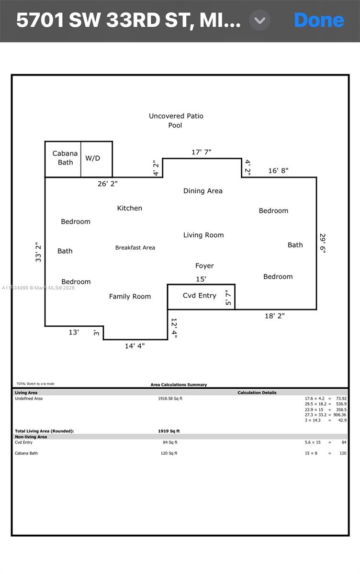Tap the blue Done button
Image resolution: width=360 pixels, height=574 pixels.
[319, 20]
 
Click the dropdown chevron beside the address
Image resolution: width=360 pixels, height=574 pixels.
[260, 21]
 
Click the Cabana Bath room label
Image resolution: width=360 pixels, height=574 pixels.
[65, 158]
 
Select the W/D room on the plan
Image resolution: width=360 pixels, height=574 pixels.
[93, 158]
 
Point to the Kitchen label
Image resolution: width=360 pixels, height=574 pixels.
[129, 208]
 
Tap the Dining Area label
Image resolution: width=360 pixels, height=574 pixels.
[203, 191]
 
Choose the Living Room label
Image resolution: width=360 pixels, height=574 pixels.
[203, 235]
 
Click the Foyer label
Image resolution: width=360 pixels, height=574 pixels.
[204, 266]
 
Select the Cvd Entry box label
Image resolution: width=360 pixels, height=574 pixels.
[200, 296]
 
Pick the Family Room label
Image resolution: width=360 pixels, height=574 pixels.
[130, 297]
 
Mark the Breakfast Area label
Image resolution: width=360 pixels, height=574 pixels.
[135, 248]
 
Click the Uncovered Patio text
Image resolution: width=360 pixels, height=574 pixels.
[176, 116]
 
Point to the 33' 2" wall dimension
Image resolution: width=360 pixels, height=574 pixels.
[38, 251]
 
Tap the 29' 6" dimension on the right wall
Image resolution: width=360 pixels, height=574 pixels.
[323, 243]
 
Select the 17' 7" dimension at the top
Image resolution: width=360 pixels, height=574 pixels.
[202, 152]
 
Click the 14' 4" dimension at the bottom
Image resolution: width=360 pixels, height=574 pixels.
[135, 346]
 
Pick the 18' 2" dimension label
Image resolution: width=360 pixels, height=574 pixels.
[275, 316]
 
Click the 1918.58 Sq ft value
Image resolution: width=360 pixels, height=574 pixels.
[170, 398]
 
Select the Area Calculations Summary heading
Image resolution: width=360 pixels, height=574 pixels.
[179, 385]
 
